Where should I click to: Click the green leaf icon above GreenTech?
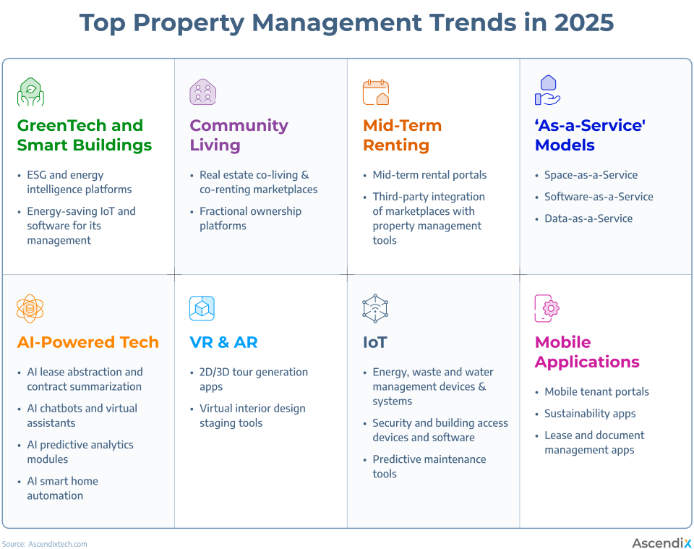(30, 92)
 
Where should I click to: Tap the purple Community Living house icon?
(203, 92)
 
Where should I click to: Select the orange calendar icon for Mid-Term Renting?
(376, 92)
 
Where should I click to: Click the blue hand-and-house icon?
(547, 91)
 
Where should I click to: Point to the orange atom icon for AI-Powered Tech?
(30, 309)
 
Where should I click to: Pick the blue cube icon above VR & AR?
(202, 309)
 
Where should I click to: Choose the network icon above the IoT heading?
(375, 309)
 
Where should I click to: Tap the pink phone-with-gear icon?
(547, 309)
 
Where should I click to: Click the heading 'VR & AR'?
(223, 342)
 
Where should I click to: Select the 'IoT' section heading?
(374, 342)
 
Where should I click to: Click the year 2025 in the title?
(583, 23)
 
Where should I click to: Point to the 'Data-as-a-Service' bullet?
(588, 218)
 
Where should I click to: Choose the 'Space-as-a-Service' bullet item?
(591, 175)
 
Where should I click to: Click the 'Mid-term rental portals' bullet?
(429, 175)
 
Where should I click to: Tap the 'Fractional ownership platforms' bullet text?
(250, 218)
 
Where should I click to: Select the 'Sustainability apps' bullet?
(590, 414)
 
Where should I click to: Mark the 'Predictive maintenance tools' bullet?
(429, 467)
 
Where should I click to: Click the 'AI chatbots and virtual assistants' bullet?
(82, 416)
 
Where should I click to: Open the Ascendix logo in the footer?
(661, 542)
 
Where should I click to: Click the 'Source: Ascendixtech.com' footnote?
(45, 544)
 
